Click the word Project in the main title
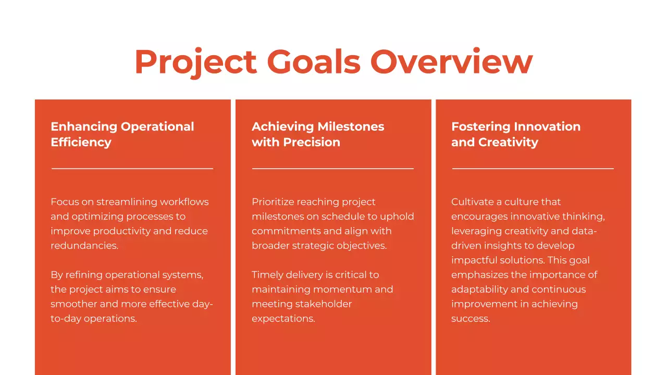[x=195, y=62]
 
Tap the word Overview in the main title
[x=451, y=61]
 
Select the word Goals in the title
[x=314, y=61]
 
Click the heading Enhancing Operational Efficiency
[x=122, y=134]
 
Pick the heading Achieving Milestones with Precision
[x=318, y=134]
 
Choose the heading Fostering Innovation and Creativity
[x=515, y=134]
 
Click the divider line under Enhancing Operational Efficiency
[x=132, y=169]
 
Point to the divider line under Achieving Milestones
[x=332, y=169]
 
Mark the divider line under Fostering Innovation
[x=533, y=169]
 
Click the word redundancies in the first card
[x=84, y=245]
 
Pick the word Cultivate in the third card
[x=473, y=202]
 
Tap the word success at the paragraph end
[x=470, y=318]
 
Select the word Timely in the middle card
[x=267, y=274]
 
